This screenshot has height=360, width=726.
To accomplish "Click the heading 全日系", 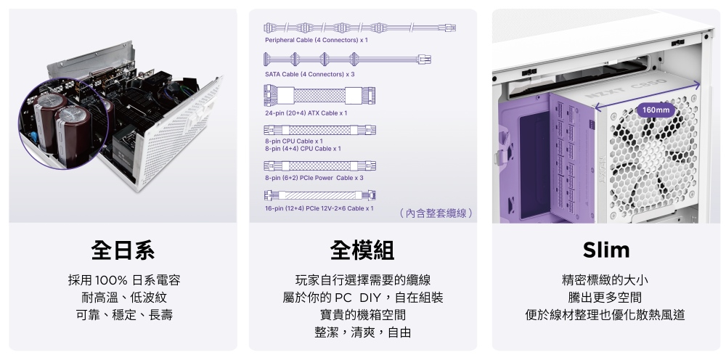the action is tap(123, 250).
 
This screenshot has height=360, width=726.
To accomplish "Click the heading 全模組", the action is tap(362, 250).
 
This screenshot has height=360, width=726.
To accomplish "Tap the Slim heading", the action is tap(606, 250).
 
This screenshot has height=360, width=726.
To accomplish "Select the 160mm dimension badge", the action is tap(656, 110).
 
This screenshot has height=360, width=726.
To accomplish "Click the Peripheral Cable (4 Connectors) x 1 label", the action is tap(317, 40).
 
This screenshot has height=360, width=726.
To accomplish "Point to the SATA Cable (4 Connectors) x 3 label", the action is tap(310, 75).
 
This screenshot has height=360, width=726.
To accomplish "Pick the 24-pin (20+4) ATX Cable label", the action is tap(306, 113).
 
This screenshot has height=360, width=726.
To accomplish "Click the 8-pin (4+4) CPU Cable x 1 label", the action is tap(303, 149).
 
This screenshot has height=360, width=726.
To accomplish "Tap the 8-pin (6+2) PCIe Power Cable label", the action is tap(314, 178).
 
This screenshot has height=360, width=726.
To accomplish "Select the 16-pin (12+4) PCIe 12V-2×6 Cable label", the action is tap(319, 209).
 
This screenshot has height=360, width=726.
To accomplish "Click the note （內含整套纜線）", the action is tap(436, 213).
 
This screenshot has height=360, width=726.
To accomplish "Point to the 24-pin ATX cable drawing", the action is tap(319, 95).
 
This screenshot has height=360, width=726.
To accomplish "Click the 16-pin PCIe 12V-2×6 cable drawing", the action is tap(319, 195).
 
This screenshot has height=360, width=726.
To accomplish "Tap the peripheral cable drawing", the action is tap(360, 28).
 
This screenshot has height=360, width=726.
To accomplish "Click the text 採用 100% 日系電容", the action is tap(124, 280).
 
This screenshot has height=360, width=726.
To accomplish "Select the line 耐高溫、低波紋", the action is tap(124, 298).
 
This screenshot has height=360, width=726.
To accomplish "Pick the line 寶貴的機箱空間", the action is tap(363, 315).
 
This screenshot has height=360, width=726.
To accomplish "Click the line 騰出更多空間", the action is tap(605, 298).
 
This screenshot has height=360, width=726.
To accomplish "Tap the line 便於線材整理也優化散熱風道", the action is tap(605, 315).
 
